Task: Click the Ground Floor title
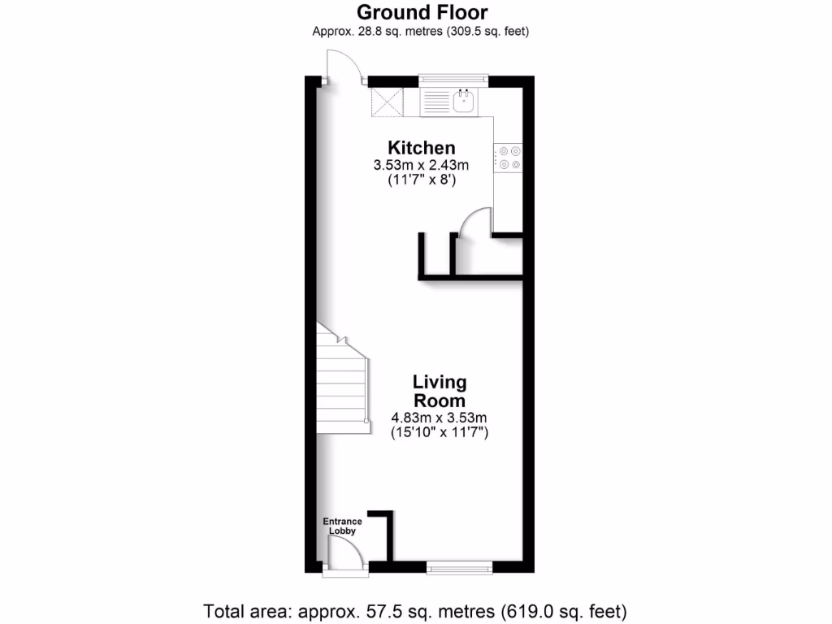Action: (422, 12)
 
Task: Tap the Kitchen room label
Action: (421, 148)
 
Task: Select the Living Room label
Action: (440, 391)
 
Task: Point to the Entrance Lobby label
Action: (342, 526)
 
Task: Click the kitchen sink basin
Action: (465, 102)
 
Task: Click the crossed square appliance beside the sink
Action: (387, 102)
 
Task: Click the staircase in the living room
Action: (342, 382)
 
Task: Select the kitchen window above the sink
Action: (453, 80)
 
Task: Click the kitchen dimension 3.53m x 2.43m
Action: (421, 166)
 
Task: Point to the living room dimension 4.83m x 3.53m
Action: (440, 418)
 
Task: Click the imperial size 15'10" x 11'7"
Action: (440, 434)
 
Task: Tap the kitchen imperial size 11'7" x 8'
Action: (421, 181)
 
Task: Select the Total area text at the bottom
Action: (415, 610)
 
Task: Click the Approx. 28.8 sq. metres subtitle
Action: (422, 31)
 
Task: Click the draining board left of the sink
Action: (436, 102)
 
